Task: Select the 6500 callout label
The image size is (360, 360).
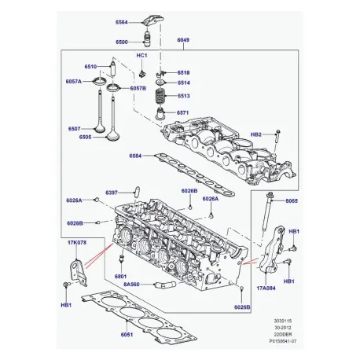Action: (123, 41)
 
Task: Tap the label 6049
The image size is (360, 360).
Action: (183, 39)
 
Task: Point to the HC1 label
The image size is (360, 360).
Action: (141, 57)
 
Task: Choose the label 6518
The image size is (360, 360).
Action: (183, 72)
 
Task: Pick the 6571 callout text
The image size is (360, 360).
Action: (183, 112)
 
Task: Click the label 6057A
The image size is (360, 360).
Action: (72, 81)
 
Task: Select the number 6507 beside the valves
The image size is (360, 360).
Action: (75, 128)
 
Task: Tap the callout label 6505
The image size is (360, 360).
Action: (75, 138)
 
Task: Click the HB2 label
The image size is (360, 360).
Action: (256, 134)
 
